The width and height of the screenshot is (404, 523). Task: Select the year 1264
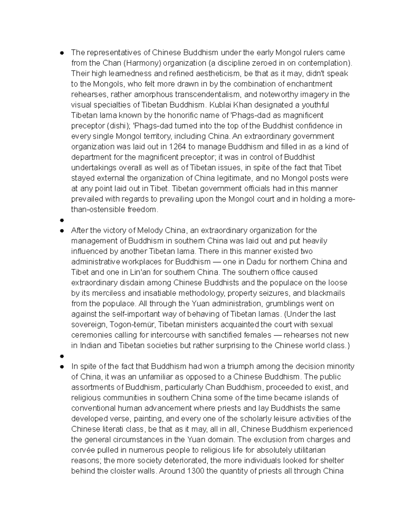177,146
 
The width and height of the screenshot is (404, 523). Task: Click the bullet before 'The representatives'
62,53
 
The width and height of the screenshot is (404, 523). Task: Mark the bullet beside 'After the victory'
62,231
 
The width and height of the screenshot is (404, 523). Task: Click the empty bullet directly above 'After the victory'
62,220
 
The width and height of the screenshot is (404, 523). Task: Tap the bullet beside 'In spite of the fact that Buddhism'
62,366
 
